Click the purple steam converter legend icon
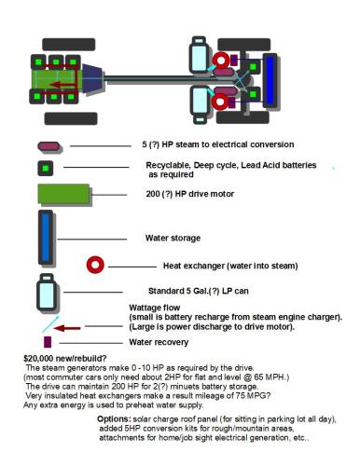pos(48,146)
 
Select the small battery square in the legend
pos(44,168)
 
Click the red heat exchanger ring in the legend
pos(94,265)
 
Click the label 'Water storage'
pos(173,237)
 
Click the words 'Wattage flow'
pos(155,308)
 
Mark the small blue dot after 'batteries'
pos(334,166)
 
